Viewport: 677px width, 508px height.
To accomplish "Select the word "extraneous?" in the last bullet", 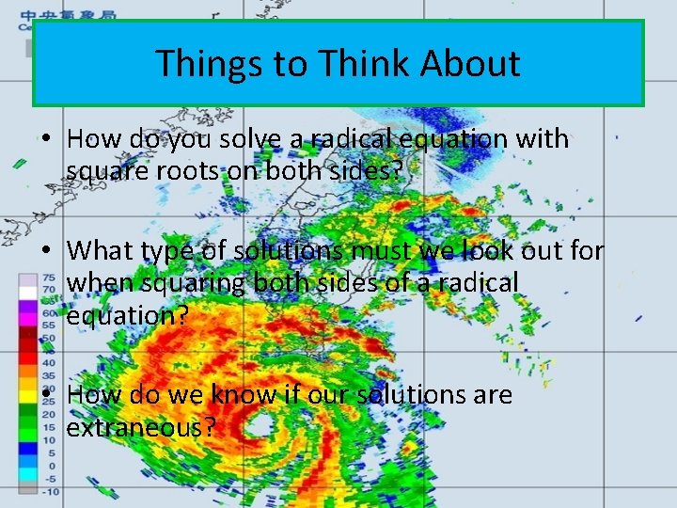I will pos(142,427).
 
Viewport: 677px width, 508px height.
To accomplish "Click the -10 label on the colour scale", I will pos(50,491).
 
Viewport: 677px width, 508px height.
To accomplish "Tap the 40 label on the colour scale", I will pos(47,362).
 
